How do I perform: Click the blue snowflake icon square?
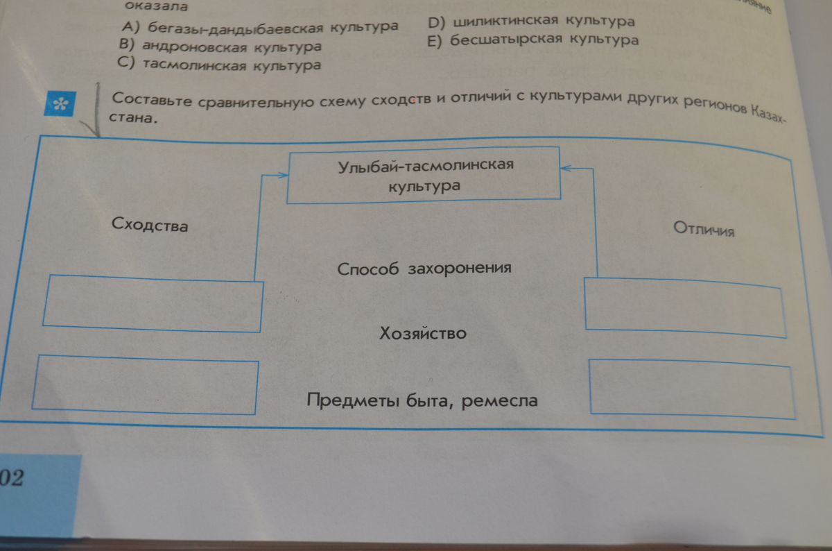click(60, 103)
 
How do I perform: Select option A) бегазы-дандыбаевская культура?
click(259, 28)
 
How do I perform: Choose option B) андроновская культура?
click(220, 46)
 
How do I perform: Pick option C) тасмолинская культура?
click(219, 65)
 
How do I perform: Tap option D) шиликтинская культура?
click(531, 22)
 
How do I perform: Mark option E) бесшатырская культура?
click(532, 40)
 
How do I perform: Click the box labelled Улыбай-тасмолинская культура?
click(424, 175)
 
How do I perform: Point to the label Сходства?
click(150, 225)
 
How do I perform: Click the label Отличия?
click(704, 229)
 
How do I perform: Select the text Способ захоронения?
click(424, 269)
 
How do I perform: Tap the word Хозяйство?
click(423, 333)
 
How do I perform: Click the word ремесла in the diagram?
click(500, 401)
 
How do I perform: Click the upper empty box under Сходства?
click(153, 303)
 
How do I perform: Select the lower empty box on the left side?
click(145, 385)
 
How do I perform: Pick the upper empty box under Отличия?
click(685, 308)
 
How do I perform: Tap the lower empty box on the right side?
click(692, 389)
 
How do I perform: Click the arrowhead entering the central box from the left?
click(283, 175)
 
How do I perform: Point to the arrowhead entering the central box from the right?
click(566, 168)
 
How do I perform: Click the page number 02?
click(11, 477)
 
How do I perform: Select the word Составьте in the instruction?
click(152, 100)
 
